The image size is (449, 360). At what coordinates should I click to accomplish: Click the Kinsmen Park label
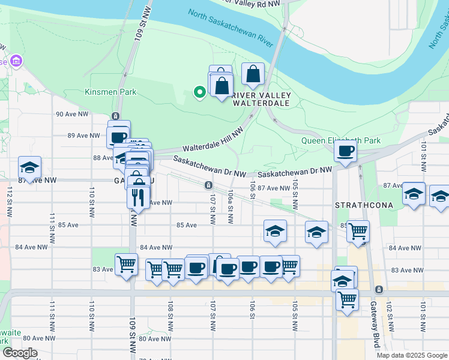pos(110,92)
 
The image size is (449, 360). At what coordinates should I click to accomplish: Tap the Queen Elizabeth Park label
pos(340,141)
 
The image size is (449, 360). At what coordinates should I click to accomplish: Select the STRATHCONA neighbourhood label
pos(365,205)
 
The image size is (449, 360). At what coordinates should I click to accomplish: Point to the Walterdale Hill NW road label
pos(213,140)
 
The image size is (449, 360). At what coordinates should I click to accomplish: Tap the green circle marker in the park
pos(199,92)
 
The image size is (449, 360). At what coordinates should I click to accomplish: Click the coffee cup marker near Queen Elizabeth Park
pos(345,151)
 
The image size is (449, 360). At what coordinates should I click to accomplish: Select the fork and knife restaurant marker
pos(138,197)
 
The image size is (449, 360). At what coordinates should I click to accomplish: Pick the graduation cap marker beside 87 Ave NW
pos(29,167)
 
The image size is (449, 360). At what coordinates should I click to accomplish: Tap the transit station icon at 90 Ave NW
pos(115,116)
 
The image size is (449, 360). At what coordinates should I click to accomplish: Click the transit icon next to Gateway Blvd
pos(379,290)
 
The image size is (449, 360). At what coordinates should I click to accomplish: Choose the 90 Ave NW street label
pos(68,114)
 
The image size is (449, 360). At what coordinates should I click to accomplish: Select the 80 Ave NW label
pos(152,338)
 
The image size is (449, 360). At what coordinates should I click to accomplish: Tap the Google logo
pos(20,353)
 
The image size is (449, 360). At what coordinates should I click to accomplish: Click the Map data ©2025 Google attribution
pos(411,355)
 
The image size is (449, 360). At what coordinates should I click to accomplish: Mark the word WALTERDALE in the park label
pos(262,103)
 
